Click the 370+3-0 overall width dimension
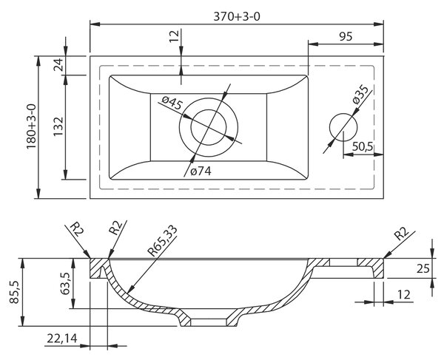[x=237, y=17]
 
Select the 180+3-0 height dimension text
[x=31, y=126]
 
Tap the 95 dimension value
[x=346, y=36]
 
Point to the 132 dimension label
[x=58, y=126]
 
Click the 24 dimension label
[x=58, y=65]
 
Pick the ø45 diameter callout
[x=172, y=103]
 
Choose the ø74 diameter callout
[x=201, y=171]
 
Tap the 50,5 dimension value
[x=363, y=147]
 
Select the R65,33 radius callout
[x=163, y=241]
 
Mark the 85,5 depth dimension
[x=14, y=292]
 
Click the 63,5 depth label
[x=66, y=283]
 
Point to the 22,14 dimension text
[x=62, y=339]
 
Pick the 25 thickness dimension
[x=423, y=268]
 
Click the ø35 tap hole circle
[x=343, y=127]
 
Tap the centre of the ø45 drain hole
[x=209, y=127]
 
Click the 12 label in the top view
[x=175, y=36]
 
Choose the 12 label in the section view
[x=404, y=295]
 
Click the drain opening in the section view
[x=209, y=323]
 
